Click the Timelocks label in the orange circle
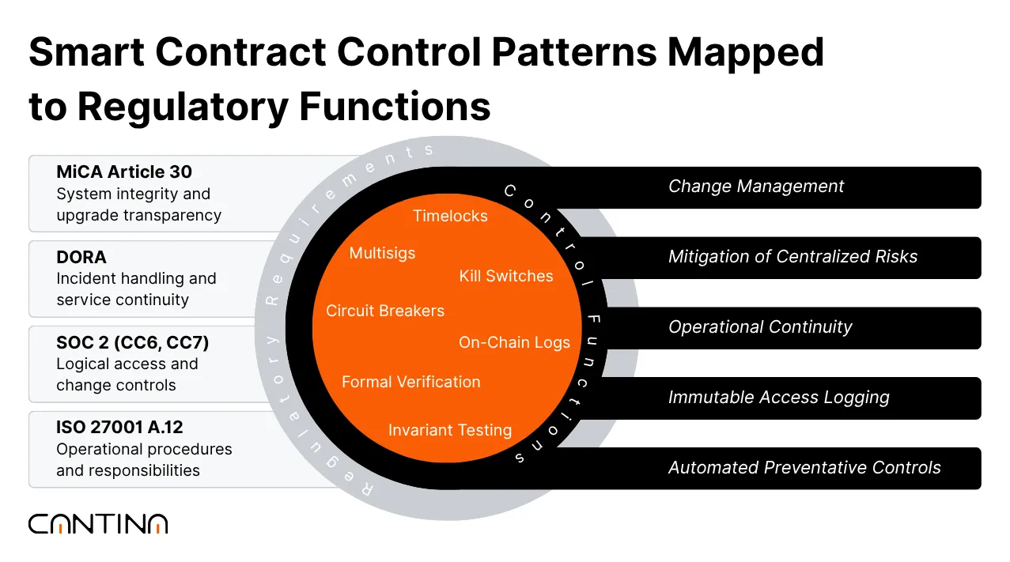(450, 216)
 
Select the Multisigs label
(382, 253)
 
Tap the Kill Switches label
(506, 276)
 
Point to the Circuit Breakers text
(385, 311)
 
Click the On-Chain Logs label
(514, 342)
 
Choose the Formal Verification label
(410, 382)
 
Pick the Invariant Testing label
(450, 430)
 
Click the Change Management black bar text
(755, 187)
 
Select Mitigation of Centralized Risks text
(792, 257)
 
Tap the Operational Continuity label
(759, 327)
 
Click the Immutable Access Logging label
(778, 398)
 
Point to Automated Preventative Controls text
(804, 468)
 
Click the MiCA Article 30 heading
(124, 172)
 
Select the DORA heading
(81, 257)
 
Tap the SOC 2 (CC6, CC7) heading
(132, 342)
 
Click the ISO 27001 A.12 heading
(119, 428)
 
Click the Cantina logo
(98, 523)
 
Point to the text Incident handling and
(136, 278)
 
